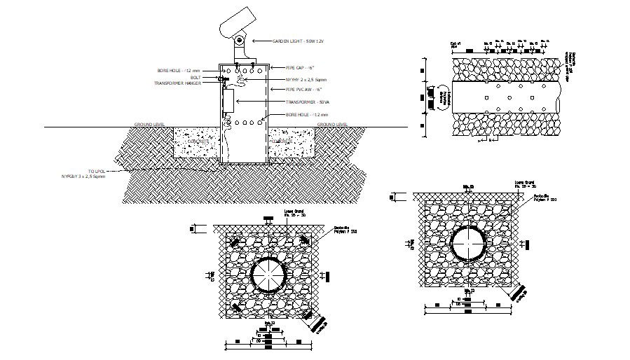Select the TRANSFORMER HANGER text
(x=178, y=83)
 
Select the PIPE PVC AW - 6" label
(x=303, y=90)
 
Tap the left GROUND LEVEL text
(x=150, y=124)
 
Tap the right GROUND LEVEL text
(x=333, y=124)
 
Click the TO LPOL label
(x=97, y=170)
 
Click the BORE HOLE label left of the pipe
(x=179, y=71)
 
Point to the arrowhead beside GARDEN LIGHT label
(x=254, y=41)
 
